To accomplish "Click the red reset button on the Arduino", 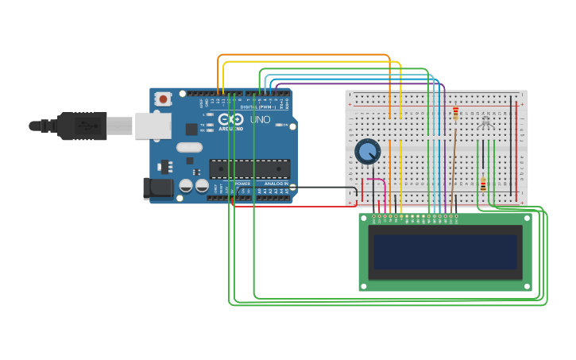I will coord(163,99).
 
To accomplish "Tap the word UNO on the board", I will coord(261,120).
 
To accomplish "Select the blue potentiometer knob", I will coord(367,150).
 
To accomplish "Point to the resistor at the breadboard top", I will coord(455,112).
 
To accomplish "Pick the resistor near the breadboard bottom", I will coord(483,184).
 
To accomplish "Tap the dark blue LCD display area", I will coord(445,251).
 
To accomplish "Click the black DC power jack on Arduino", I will coord(157,188).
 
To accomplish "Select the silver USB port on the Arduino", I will coord(153,126).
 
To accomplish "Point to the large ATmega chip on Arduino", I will coord(249,168).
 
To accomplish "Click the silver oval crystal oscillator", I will coord(189,147).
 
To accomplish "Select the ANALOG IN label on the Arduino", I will coord(276,184).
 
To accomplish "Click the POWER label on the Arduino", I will coord(242,184).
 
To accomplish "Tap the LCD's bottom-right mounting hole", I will coord(525,285).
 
